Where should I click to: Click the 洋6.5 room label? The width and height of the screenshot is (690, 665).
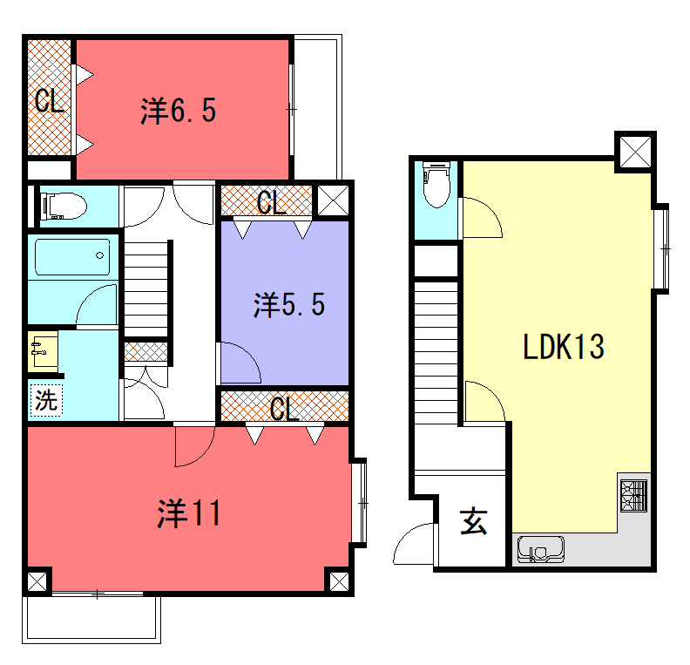pyautogui.click(x=179, y=111)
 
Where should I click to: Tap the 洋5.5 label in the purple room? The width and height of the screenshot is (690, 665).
pyautogui.click(x=289, y=304)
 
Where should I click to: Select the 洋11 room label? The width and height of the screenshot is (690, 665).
pyautogui.click(x=189, y=513)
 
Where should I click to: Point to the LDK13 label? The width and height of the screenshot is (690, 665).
pyautogui.click(x=564, y=346)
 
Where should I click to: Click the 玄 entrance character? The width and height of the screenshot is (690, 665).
pyautogui.click(x=474, y=521)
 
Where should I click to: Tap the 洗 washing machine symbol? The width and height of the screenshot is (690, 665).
pyautogui.click(x=46, y=400)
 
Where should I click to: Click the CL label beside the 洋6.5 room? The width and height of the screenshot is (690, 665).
pyautogui.click(x=50, y=101)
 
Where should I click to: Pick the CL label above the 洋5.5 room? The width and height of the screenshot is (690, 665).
pyautogui.click(x=272, y=203)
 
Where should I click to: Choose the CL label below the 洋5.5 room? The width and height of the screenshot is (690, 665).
pyautogui.click(x=284, y=410)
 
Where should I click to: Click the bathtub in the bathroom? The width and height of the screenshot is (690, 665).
pyautogui.click(x=72, y=257)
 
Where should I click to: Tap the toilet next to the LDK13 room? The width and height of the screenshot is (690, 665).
pyautogui.click(x=436, y=185)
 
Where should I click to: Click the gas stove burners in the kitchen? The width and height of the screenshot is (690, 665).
pyautogui.click(x=633, y=496)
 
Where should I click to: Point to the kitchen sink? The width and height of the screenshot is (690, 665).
pyautogui.click(x=541, y=549)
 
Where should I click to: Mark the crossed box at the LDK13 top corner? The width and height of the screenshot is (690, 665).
pyautogui.click(x=635, y=153)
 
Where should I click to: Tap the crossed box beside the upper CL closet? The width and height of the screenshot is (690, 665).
pyautogui.click(x=333, y=200)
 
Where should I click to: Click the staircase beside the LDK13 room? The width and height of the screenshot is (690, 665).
pyautogui.click(x=436, y=353)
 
